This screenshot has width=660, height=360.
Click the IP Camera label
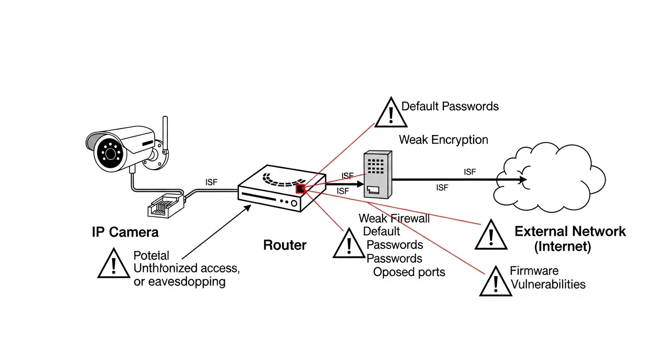coord(125,232)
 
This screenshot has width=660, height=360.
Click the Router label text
coord(285,245)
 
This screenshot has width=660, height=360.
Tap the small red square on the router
coord(300,189)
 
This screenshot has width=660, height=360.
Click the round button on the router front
coord(294,203)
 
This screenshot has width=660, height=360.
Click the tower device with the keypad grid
coord(377,174)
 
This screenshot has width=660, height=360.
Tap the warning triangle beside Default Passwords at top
coord(390,112)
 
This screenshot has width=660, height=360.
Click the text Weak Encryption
coord(443,140)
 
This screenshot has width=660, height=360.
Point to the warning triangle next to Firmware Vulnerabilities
coord(495,282)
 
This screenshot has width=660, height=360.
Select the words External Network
coord(570,231)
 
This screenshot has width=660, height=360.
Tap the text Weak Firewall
coord(394,218)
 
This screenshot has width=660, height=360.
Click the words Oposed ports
coord(409,272)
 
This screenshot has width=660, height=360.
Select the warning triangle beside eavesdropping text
coord(113,263)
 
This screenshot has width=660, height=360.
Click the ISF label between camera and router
coord(211,182)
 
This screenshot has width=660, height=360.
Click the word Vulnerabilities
coord(547,284)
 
